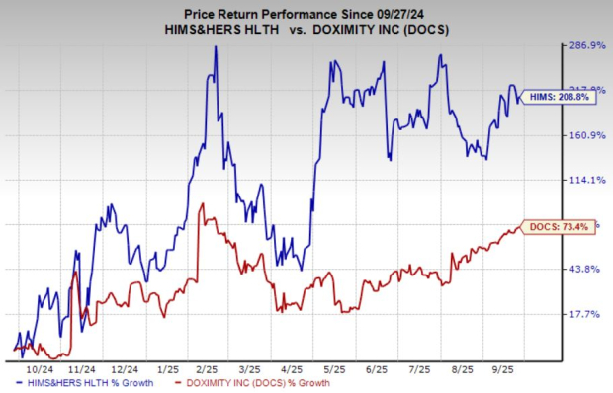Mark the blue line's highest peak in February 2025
(216, 47)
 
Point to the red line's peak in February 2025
(202, 204)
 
